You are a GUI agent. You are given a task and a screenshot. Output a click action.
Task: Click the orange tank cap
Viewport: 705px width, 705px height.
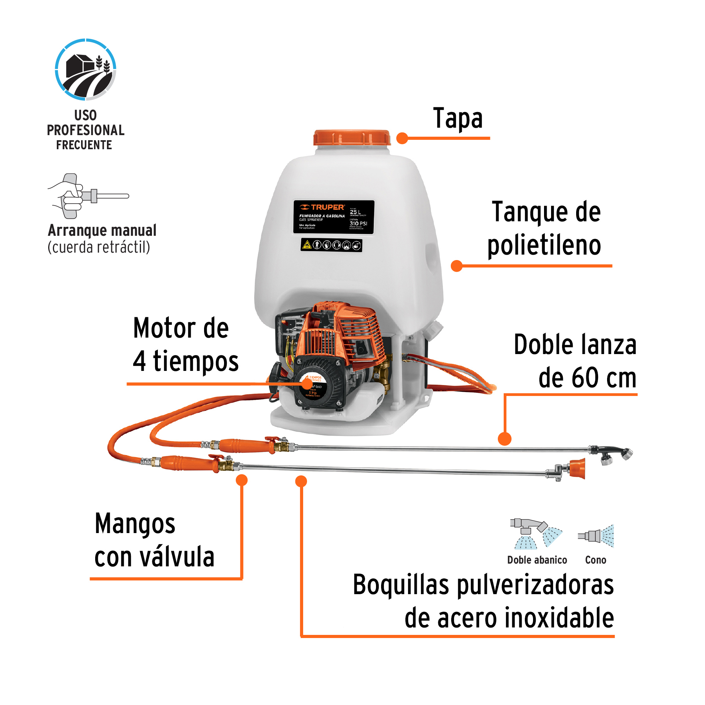[x=351, y=138]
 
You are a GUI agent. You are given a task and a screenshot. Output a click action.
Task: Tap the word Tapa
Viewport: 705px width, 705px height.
[x=457, y=118]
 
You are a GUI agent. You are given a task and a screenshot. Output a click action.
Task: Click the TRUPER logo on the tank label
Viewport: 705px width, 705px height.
[x=322, y=207]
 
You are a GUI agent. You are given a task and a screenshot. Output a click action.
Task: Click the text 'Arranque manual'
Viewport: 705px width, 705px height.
[x=102, y=230]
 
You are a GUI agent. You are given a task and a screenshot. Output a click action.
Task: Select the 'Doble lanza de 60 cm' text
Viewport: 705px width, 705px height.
[x=575, y=361]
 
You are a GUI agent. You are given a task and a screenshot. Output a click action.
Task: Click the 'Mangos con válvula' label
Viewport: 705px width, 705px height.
[x=154, y=540]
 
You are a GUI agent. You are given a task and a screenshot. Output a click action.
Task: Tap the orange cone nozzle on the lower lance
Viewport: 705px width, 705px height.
[x=577, y=468]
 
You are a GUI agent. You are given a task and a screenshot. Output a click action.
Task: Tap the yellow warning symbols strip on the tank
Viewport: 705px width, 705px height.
[x=331, y=245]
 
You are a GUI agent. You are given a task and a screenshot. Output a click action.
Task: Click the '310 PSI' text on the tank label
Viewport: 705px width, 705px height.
[x=358, y=224]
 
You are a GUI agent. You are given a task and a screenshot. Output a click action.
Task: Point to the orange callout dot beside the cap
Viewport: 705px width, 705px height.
[x=402, y=138]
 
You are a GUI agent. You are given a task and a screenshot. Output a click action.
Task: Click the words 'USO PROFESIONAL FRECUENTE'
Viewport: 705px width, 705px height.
[x=85, y=130]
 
